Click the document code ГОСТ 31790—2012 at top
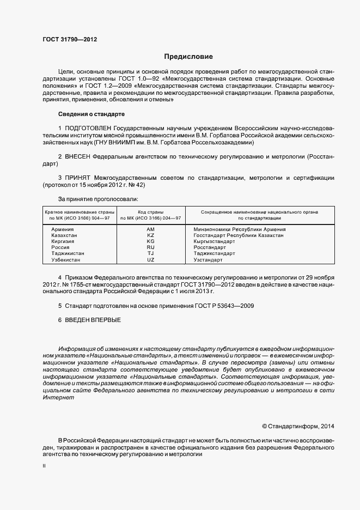pyautogui.click(x=70, y=39)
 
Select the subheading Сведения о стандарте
pyautogui.click(x=91, y=114)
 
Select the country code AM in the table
pyautogui.click(x=151, y=229)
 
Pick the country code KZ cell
pyautogui.click(x=151, y=235)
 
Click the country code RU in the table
pyautogui.click(x=151, y=247)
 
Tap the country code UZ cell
pyautogui.click(x=151, y=259)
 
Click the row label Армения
pyautogui.click(x=63, y=229)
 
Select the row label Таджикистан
pyautogui.click(x=68, y=253)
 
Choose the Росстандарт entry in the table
pyautogui.click(x=210, y=247)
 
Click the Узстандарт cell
pyautogui.click(x=208, y=259)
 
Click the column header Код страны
pyautogui.click(x=151, y=211)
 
